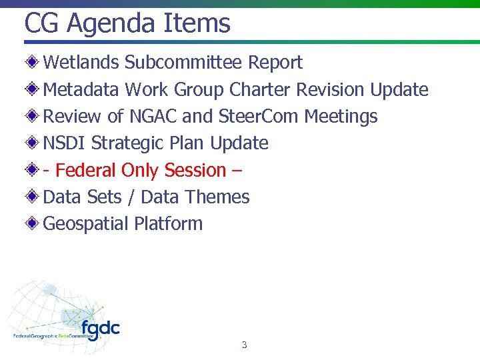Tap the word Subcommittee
pos(184,63)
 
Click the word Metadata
pos(81,89)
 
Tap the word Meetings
pos(341,117)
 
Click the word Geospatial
pos(85,224)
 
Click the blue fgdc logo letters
pos(101,329)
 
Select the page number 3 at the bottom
pos(244,345)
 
